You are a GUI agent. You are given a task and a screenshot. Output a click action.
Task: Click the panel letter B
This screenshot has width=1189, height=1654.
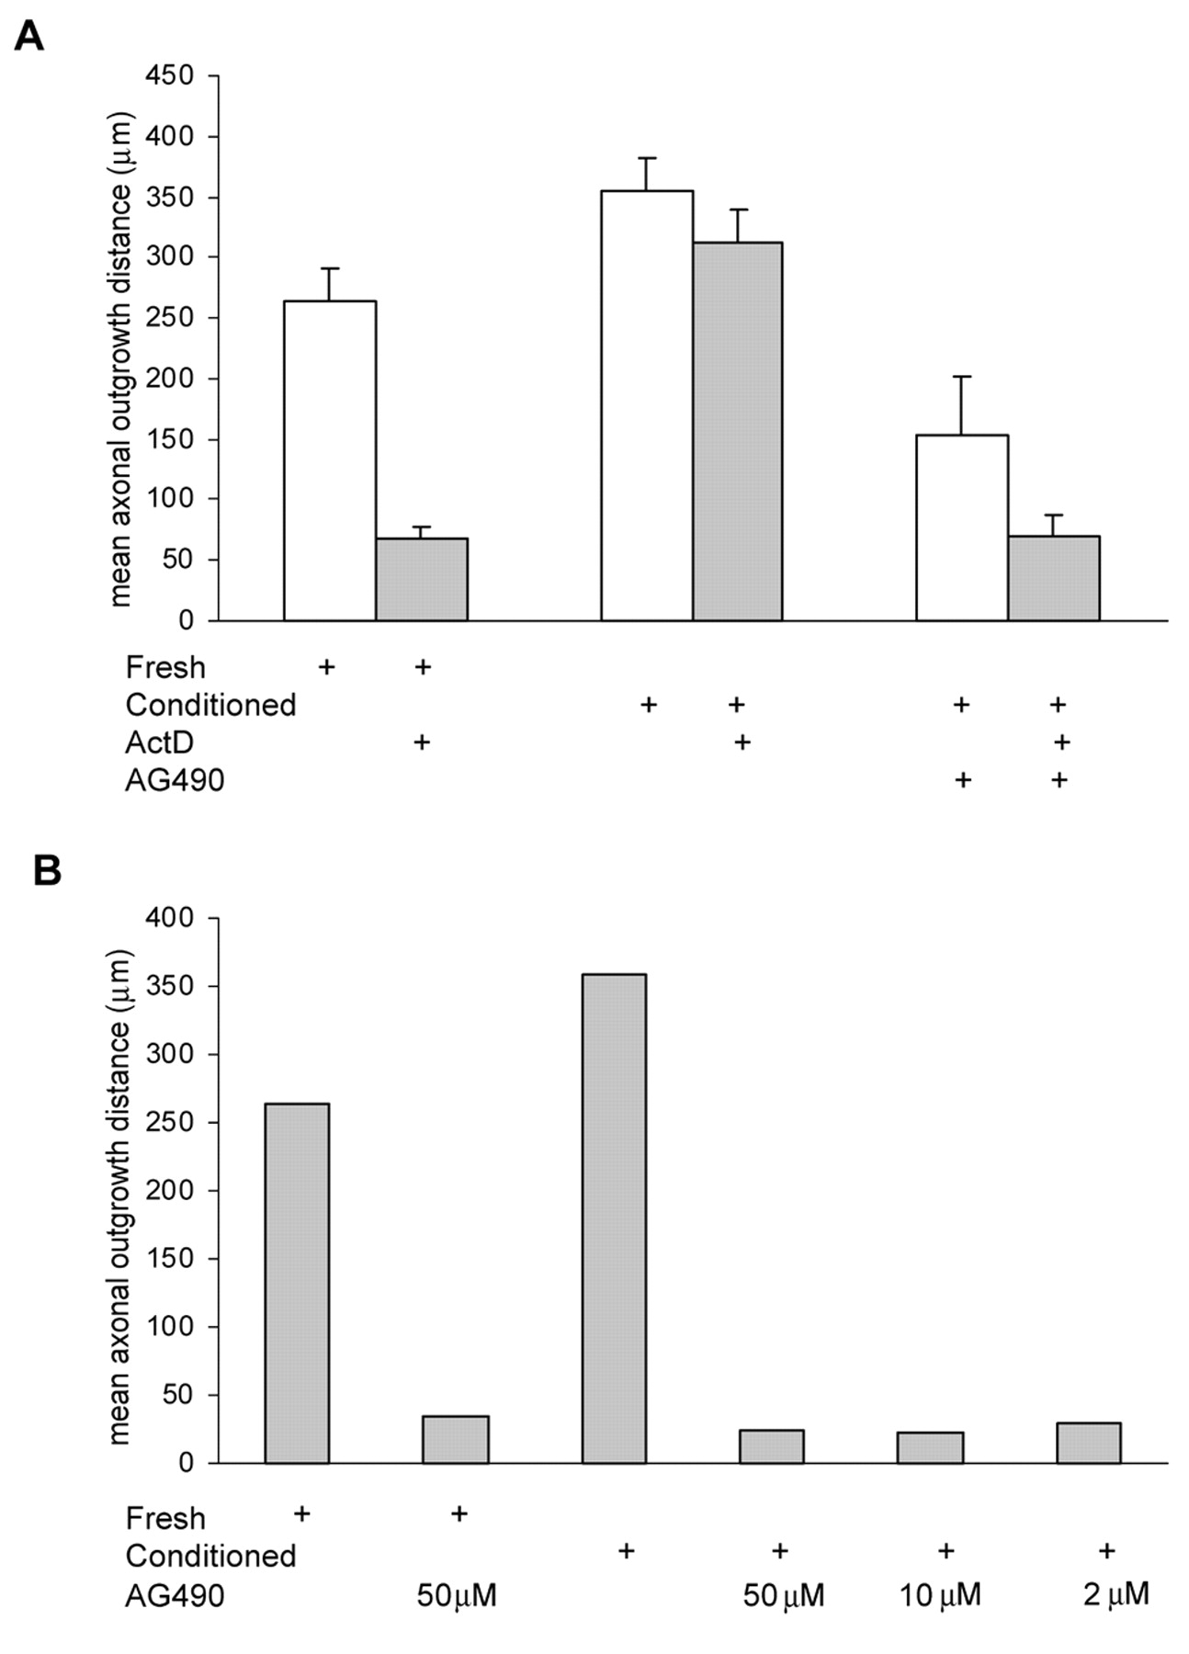pos(47,869)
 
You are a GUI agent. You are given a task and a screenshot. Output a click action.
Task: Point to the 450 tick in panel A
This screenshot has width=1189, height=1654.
pos(170,75)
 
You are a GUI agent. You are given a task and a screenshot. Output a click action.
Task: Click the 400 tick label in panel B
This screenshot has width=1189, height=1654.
pos(170,918)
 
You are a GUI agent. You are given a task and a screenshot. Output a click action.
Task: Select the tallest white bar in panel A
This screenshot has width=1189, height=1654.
pos(647,404)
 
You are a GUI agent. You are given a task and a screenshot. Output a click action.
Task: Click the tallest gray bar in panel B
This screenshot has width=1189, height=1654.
pos(614,1218)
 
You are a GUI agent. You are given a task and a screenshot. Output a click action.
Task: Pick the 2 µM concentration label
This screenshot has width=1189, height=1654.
pos(1115,1594)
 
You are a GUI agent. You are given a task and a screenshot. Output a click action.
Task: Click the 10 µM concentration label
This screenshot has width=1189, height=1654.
pos(939,1595)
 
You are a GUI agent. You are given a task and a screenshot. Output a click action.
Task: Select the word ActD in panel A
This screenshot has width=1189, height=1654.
pos(159,742)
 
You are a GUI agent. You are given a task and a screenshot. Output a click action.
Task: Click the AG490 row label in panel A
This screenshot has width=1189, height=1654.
pos(175,780)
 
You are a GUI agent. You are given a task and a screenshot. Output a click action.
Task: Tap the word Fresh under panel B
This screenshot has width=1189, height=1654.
pos(165,1518)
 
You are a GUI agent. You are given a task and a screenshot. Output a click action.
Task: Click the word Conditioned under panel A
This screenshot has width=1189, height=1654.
pos(210,705)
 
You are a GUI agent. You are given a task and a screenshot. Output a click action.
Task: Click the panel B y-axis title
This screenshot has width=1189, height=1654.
pos(120,1196)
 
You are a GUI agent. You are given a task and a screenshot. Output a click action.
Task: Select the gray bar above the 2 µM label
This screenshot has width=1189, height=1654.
pos(1088,1443)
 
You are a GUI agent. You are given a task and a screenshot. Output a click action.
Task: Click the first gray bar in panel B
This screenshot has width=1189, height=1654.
pos(297,1283)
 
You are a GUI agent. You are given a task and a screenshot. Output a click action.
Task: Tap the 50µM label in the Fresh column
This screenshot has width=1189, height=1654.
pos(457,1595)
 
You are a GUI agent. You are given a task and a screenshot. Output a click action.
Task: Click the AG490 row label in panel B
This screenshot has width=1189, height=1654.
pos(175,1595)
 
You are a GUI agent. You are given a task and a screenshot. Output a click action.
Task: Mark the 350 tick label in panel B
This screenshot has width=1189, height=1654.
pos(170,986)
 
